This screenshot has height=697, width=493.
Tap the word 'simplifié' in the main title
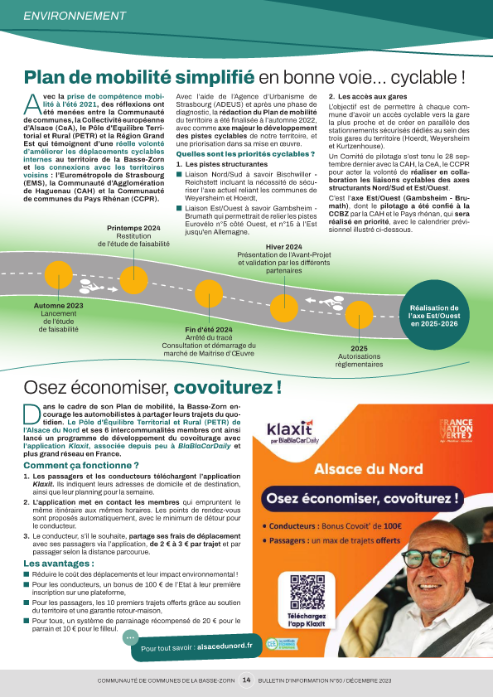coord(212,77)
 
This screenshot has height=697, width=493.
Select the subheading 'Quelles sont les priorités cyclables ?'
coord(245,154)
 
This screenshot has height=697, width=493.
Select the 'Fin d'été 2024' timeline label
coord(208,329)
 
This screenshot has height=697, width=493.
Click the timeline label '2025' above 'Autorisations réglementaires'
coord(359,349)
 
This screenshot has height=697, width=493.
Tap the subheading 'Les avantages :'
coord(58,564)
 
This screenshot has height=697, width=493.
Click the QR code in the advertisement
coord(303,592)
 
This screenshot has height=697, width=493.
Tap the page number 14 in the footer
coord(246,680)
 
